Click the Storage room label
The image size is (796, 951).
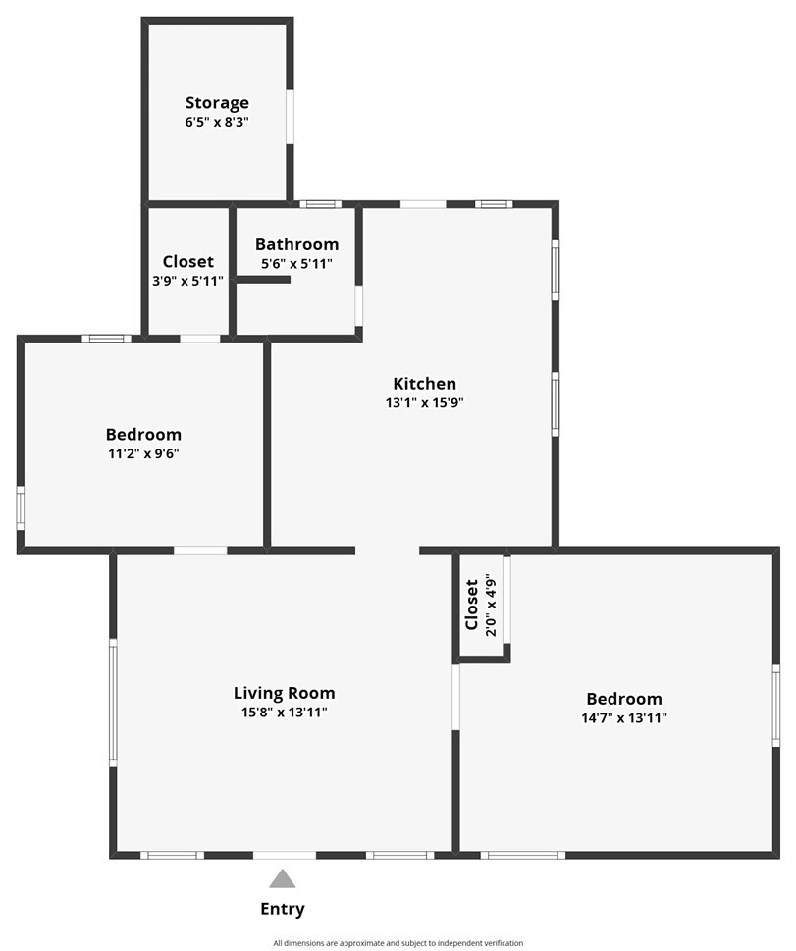click(x=217, y=102)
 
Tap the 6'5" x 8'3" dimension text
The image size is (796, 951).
click(x=217, y=122)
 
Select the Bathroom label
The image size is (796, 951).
click(x=296, y=244)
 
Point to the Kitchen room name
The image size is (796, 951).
click(x=424, y=384)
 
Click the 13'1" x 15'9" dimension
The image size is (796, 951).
click(x=424, y=402)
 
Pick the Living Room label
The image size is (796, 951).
click(x=284, y=693)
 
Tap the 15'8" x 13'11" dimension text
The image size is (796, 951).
click(x=284, y=713)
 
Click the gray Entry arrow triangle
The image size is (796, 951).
click(x=283, y=878)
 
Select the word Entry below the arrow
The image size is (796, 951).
click(x=283, y=909)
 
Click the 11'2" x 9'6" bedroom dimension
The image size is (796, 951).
click(x=143, y=453)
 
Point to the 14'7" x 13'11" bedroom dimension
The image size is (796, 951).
click(x=624, y=717)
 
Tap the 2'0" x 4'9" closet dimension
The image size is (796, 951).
click(x=490, y=606)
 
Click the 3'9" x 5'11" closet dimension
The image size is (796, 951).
click(x=187, y=281)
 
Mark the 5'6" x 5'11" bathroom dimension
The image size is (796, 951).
click(x=296, y=263)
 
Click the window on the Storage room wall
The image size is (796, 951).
click(x=290, y=118)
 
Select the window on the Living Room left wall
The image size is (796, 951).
click(x=113, y=703)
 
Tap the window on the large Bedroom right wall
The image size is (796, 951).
click(x=775, y=705)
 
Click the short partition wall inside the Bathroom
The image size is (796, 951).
click(x=263, y=280)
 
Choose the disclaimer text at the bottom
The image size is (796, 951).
click(x=398, y=943)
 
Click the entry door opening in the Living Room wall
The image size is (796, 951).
click(x=285, y=855)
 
